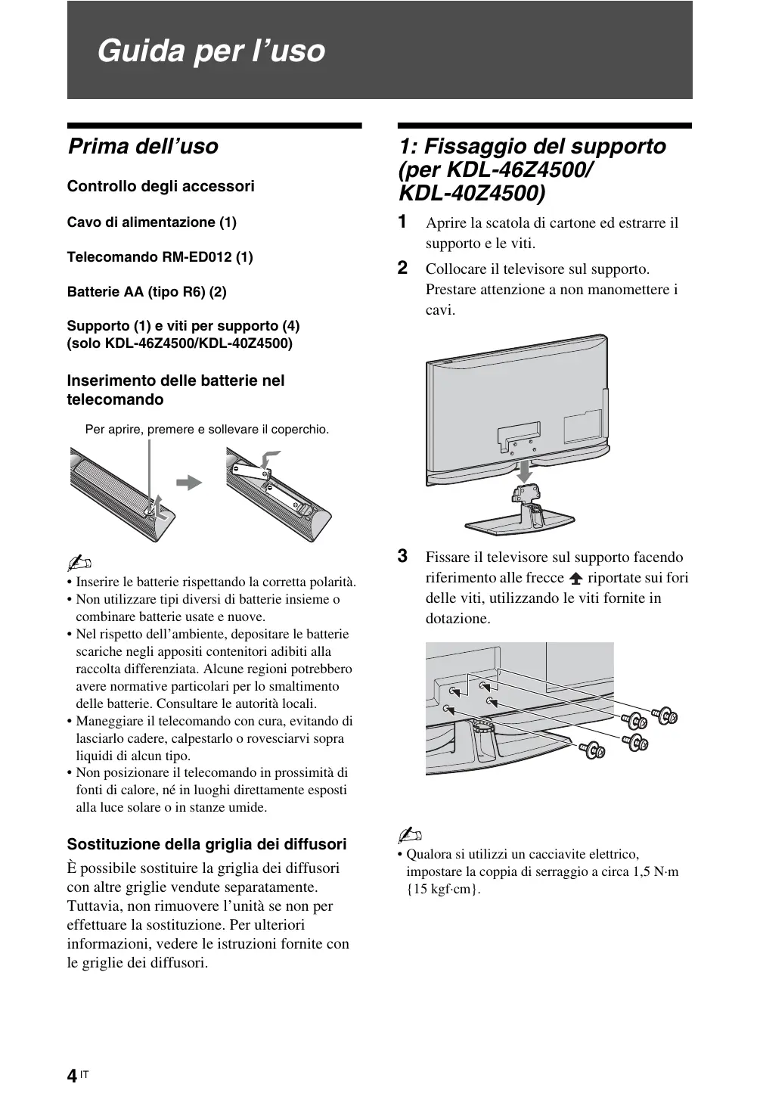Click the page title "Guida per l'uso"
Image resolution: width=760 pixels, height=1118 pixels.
(211, 51)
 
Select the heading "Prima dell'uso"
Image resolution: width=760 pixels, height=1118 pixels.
(143, 146)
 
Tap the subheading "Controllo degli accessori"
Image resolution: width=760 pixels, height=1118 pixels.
(160, 186)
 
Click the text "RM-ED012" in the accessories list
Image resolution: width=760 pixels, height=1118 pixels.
(197, 256)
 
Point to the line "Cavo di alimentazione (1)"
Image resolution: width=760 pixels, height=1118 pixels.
(151, 222)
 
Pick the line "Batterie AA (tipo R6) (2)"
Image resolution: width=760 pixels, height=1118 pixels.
(147, 291)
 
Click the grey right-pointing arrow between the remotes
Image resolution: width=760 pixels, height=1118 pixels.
(190, 482)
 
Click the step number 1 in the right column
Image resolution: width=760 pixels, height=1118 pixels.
(403, 222)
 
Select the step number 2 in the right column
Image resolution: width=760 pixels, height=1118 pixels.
(403, 268)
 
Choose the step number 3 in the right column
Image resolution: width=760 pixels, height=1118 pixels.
(403, 557)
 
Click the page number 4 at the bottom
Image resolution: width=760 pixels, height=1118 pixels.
(71, 1076)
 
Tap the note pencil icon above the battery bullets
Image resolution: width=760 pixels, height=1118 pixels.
(79, 564)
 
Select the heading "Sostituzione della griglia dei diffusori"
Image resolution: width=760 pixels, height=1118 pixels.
(206, 844)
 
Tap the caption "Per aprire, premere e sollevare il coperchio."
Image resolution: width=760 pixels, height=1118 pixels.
(207, 430)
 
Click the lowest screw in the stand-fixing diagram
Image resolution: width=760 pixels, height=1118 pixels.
(591, 750)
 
